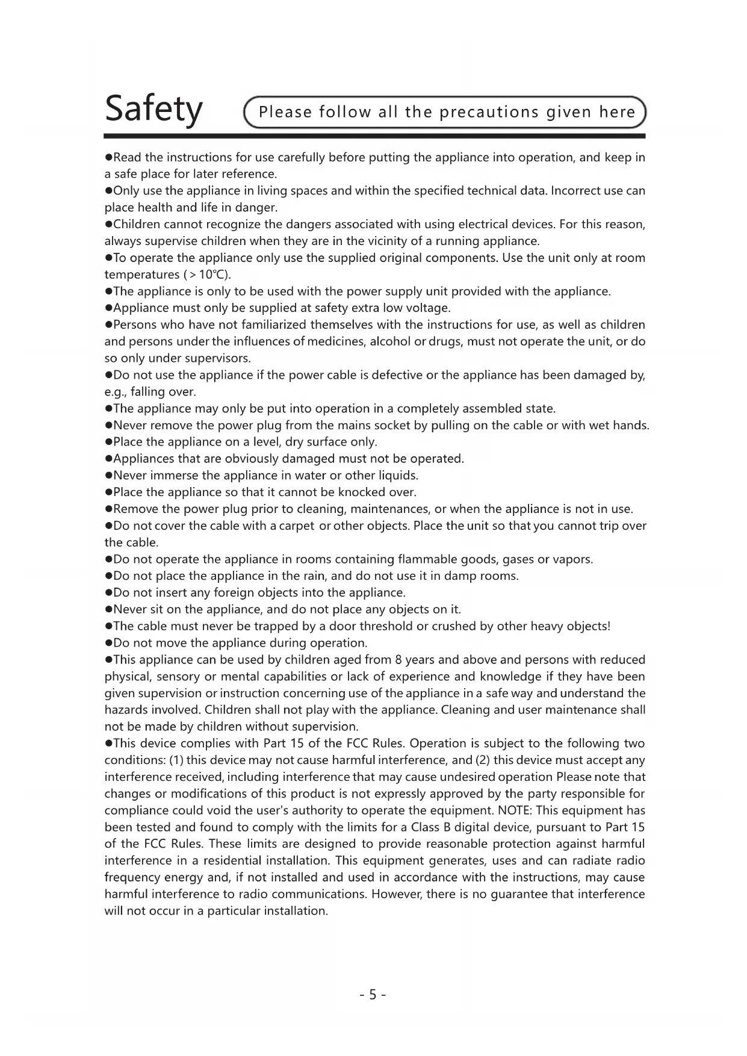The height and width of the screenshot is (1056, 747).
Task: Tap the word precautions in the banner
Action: (x=489, y=113)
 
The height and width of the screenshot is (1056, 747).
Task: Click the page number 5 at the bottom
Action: (x=373, y=994)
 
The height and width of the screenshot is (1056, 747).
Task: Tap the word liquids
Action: (x=397, y=476)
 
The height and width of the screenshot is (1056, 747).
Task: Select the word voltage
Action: (x=427, y=308)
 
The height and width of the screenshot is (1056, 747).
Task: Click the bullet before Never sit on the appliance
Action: (x=109, y=610)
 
